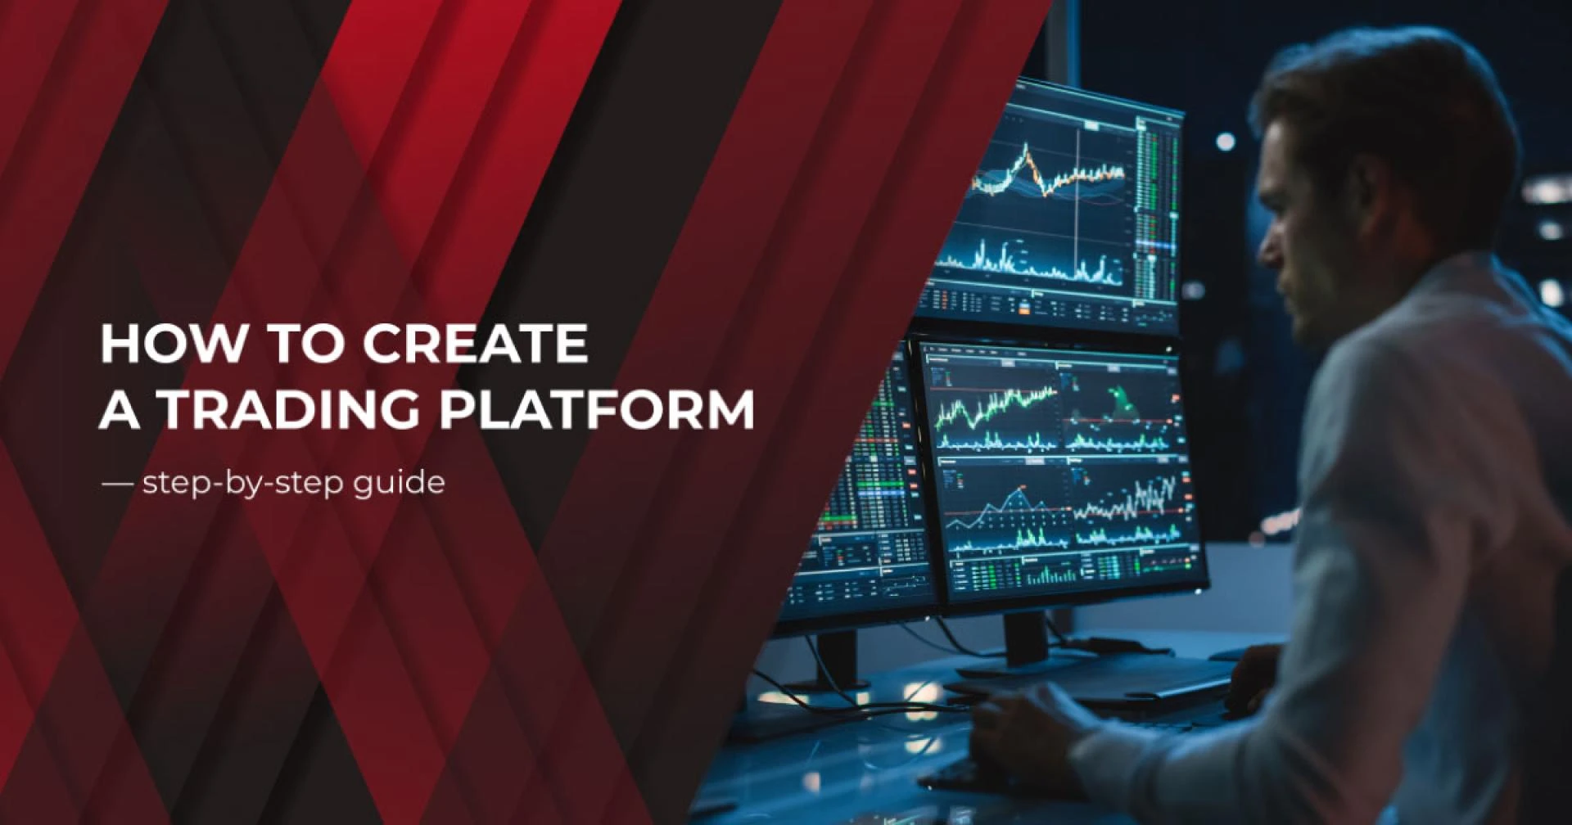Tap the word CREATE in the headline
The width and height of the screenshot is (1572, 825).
pyautogui.click(x=475, y=343)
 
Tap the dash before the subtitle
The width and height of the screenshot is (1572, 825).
pyautogui.click(x=117, y=484)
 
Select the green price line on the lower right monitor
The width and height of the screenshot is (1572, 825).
pyautogui.click(x=996, y=406)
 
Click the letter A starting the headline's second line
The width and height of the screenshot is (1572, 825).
pyautogui.click(x=120, y=409)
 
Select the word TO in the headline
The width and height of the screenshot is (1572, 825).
pyautogui.click(x=304, y=343)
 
